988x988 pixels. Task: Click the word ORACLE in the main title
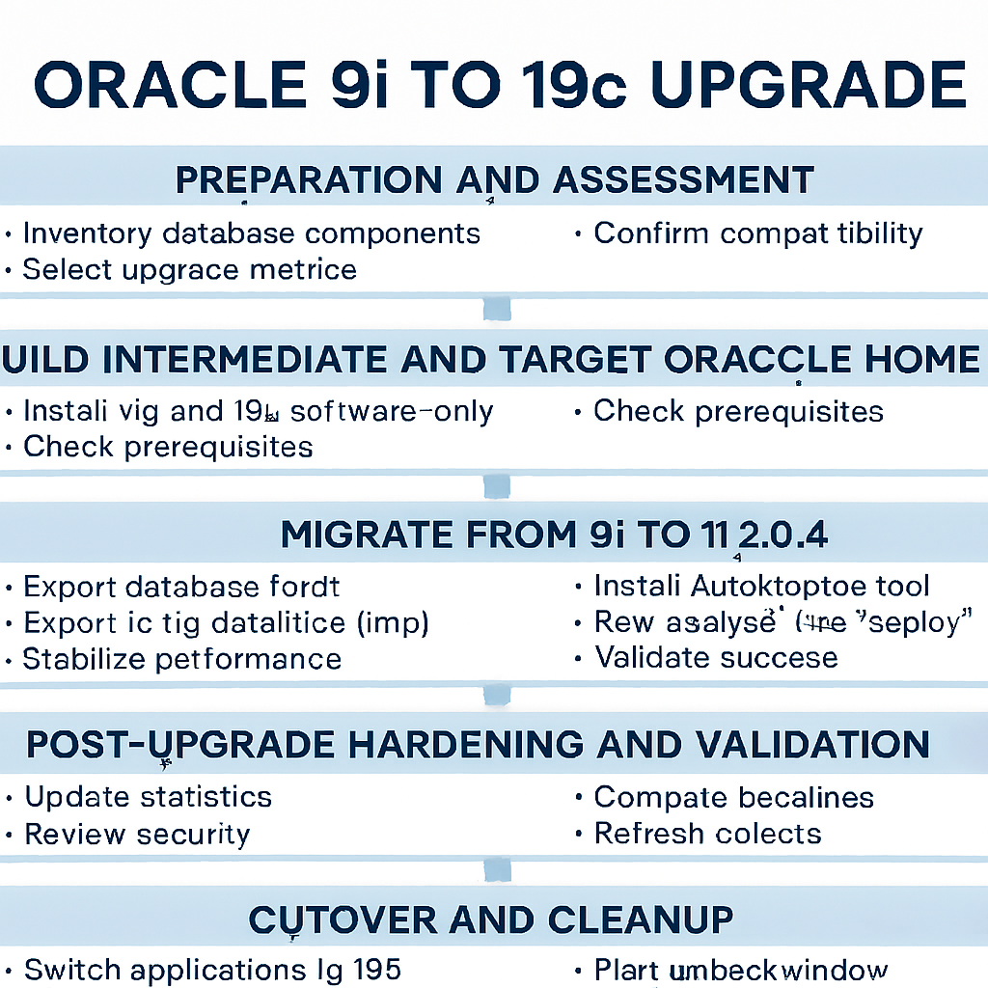pos(170,85)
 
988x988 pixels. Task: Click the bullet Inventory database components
pos(251,233)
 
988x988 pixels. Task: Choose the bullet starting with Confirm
pos(757,233)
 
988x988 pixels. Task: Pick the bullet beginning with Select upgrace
pos(189,269)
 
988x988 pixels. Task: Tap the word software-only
pos(392,412)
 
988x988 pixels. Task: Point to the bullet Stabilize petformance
pos(181,659)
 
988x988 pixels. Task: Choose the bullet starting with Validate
pos(716,658)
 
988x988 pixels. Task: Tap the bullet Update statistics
pos(148,797)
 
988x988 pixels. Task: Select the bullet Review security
pos(137,835)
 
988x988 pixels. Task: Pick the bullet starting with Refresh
pos(707,834)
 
